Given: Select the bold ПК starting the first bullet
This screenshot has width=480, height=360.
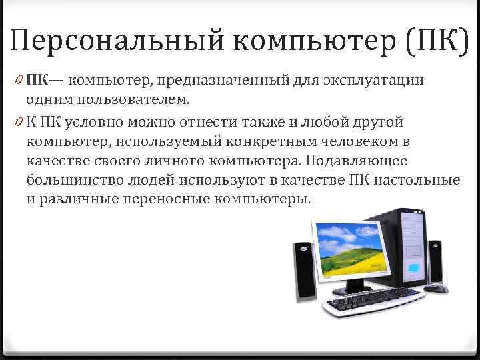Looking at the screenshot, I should coord(38,82).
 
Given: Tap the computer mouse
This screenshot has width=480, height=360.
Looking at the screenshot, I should coord(437,288).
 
